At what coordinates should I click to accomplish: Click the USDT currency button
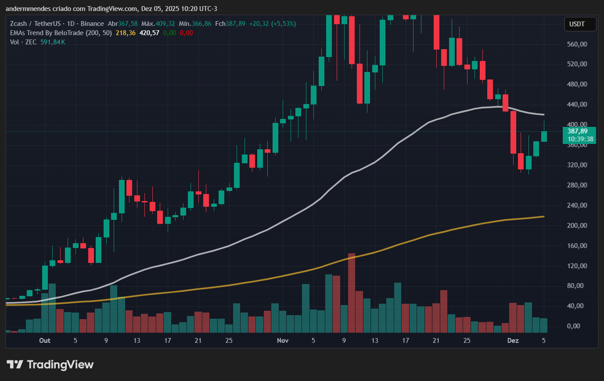click(580, 24)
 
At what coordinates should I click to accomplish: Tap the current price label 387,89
click(577, 131)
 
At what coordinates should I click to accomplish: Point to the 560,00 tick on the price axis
click(577, 44)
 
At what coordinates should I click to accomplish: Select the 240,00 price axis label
click(577, 205)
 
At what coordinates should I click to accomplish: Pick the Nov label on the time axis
click(283, 341)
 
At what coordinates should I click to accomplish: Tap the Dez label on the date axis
click(513, 341)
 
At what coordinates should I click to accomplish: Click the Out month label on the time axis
click(44, 341)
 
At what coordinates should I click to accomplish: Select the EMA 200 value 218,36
click(125, 33)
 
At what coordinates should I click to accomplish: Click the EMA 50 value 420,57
click(149, 33)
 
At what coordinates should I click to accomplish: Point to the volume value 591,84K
click(53, 42)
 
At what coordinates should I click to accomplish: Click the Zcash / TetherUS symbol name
click(35, 24)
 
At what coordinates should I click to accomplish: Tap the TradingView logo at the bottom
click(50, 364)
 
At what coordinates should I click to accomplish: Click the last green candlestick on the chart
click(544, 136)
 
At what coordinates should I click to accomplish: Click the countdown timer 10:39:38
click(580, 139)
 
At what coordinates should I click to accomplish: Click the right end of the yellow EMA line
click(543, 216)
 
